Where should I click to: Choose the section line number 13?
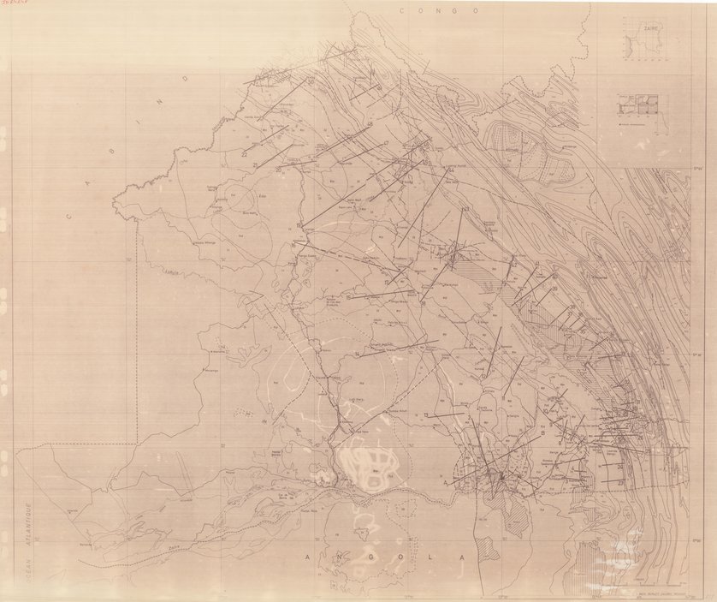[x=425, y=414]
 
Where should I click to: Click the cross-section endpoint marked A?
[x=445, y=481]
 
